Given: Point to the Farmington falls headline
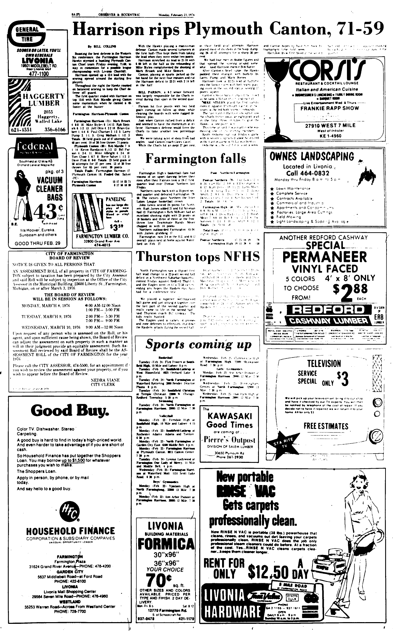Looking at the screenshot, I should (196, 159).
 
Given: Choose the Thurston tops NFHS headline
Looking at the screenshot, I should (198, 256).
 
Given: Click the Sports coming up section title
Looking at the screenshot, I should (198, 344).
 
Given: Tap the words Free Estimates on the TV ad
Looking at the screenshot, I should (326, 426).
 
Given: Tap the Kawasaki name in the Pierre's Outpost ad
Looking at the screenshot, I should (230, 416).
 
